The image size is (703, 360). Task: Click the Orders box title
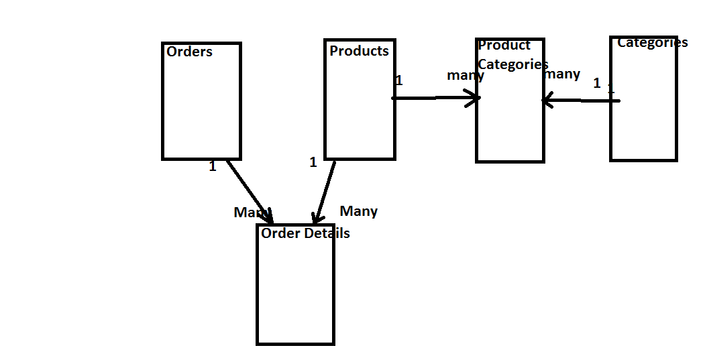189,52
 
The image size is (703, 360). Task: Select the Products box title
359,51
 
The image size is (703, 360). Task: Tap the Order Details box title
305,233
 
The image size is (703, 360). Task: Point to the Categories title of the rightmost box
652,42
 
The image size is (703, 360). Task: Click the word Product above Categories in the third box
504,45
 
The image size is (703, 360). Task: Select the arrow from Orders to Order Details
249,190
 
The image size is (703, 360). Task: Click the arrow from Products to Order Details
325,192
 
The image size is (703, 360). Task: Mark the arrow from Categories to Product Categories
580,101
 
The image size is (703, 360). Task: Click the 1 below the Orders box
213,166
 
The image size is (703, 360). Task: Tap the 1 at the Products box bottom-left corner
313,162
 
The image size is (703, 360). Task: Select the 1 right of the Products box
399,80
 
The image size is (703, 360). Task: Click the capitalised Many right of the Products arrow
359,211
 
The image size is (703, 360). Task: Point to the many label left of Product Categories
465,75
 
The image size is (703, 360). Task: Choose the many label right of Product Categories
563,74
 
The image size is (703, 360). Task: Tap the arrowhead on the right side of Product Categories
547,101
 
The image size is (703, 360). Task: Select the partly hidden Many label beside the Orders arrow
246,213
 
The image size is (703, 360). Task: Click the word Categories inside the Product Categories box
512,64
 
